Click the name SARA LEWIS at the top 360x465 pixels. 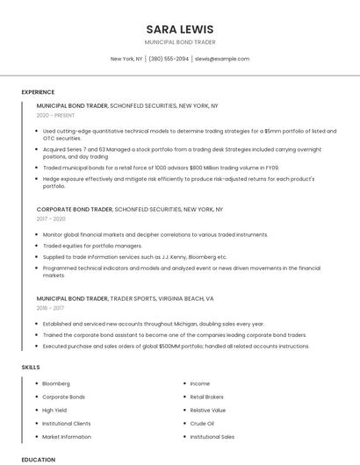180,29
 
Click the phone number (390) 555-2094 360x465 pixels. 169,59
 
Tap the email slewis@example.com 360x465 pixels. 222,59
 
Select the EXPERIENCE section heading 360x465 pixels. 38,92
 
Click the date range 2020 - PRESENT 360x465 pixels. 55,115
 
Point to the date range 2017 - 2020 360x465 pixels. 51,219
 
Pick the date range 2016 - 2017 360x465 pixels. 50,308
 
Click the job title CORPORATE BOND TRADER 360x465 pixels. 75,210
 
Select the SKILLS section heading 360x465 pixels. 31,366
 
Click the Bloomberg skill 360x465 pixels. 56,383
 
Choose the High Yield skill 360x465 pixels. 55,410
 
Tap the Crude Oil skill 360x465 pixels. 202,423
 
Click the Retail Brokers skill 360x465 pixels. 207,397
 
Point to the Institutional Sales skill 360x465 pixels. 212,436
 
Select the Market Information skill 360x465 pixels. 67,436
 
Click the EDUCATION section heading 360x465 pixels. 38,459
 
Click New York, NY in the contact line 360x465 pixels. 126,59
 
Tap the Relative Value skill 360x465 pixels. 208,410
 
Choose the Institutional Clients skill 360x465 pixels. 67,423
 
